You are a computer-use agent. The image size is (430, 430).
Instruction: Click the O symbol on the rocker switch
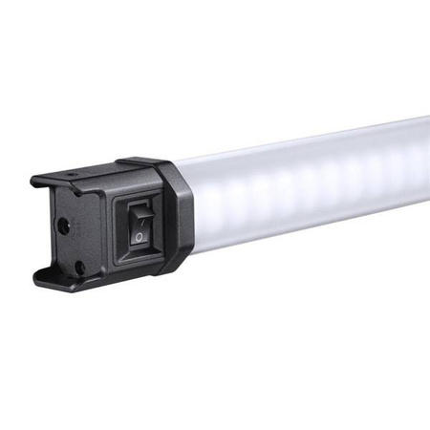click(x=140, y=236)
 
